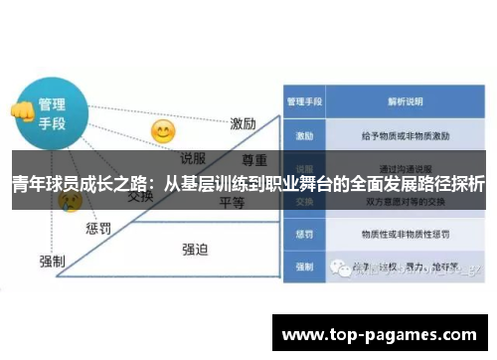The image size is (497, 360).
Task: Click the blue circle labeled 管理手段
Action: coord(52,113)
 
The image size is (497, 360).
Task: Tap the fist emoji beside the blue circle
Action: coord(20,110)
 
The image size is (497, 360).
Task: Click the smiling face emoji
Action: coord(162,130)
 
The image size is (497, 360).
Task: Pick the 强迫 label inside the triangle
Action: coord(195,249)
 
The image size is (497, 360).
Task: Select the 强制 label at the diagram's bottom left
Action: coord(53,262)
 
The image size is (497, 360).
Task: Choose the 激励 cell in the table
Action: coord(304,132)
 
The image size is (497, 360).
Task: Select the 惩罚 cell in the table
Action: coord(304,235)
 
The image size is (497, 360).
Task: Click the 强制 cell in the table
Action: coord(304,268)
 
